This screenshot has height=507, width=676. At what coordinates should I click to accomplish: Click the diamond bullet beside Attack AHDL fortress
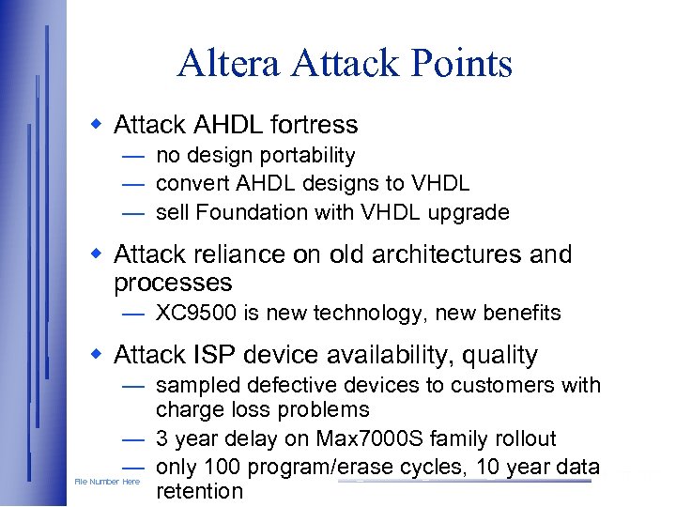coord(95,124)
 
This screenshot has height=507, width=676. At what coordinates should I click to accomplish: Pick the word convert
coord(191,184)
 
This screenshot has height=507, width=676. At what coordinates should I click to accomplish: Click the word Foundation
coord(241,212)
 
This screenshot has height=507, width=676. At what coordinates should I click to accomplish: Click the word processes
coord(173,283)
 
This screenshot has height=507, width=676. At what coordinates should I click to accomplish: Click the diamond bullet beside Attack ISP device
coord(95,354)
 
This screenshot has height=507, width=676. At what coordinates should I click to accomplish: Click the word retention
coord(199,491)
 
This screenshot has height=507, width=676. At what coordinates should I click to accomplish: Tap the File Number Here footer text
coord(107,483)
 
